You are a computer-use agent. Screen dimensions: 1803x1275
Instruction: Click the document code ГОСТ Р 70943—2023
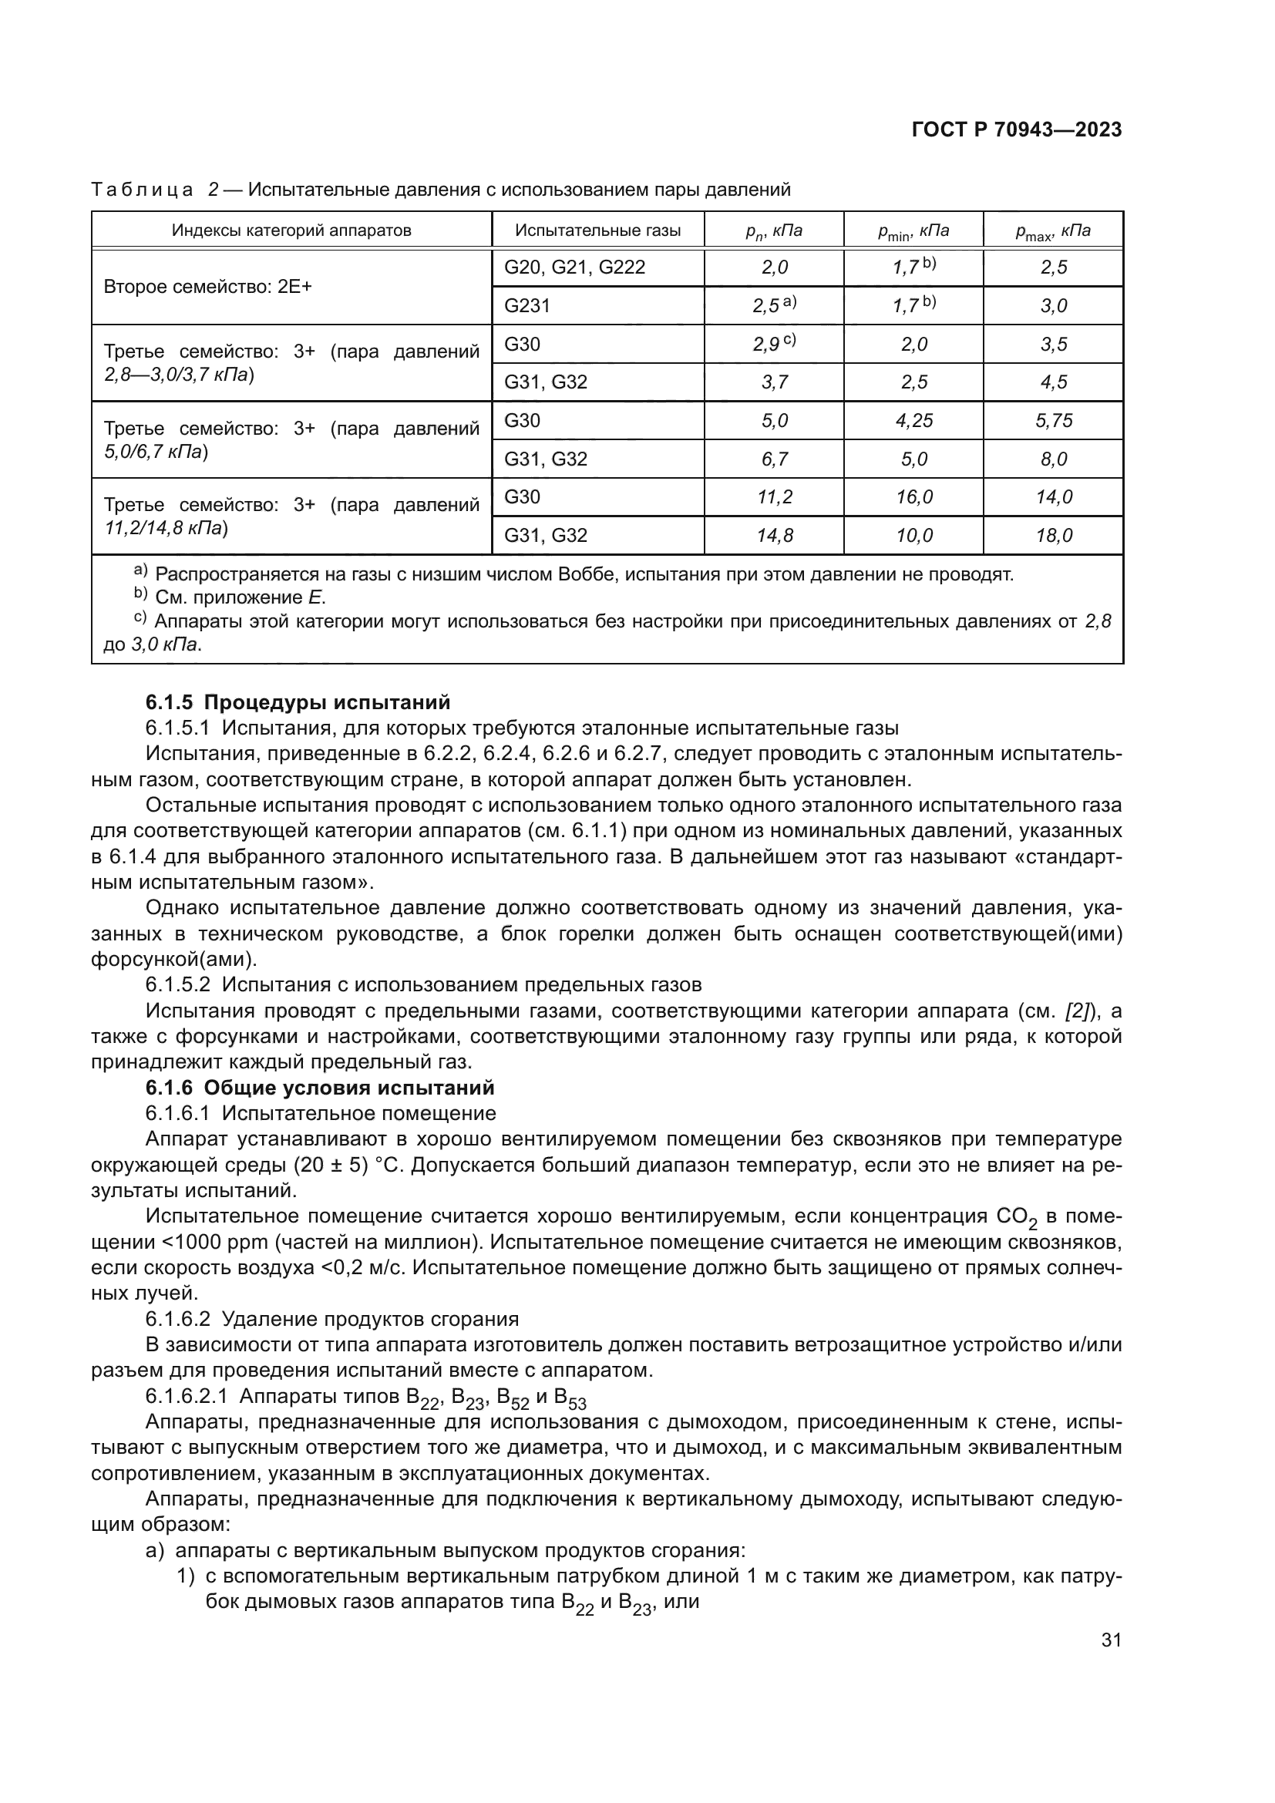pos(1017,130)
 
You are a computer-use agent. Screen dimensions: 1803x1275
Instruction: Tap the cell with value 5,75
pos(1053,421)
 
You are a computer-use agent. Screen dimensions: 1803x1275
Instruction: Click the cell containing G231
pos(526,305)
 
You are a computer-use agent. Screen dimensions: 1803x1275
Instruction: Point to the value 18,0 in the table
pos(1053,536)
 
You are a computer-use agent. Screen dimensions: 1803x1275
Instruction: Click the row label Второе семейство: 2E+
pos(208,287)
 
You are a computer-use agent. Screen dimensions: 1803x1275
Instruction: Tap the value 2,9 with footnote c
pos(773,344)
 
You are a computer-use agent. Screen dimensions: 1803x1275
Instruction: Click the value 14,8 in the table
pos(774,536)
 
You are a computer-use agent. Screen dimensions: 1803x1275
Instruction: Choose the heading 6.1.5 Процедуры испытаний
pos(298,702)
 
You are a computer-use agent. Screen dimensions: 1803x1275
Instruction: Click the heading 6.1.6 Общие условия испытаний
pos(320,1088)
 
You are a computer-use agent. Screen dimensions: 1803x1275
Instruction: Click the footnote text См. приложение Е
pos(240,597)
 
